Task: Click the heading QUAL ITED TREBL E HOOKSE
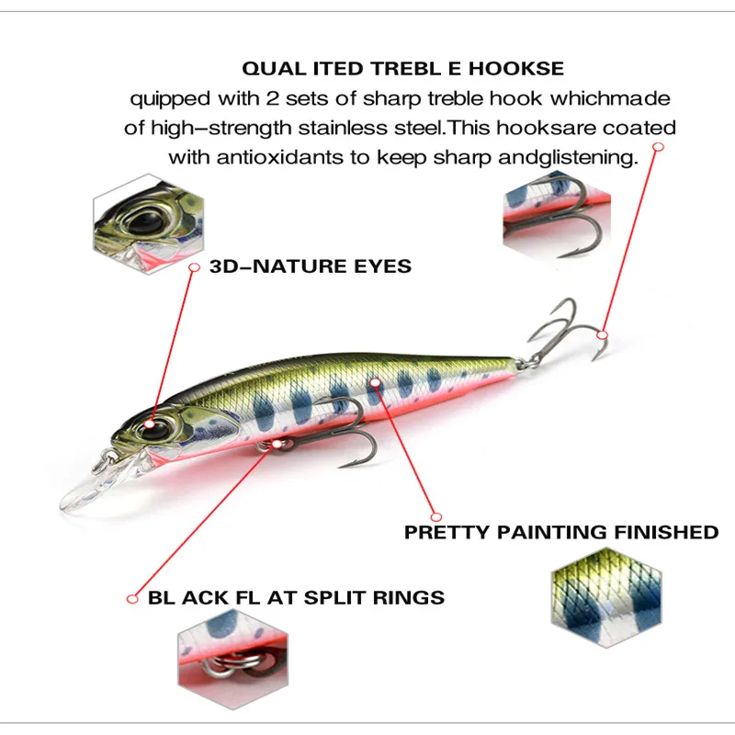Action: click(402, 69)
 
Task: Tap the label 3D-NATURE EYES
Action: click(311, 267)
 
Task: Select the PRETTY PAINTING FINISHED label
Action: click(560, 532)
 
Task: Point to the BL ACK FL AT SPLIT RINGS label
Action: click(296, 598)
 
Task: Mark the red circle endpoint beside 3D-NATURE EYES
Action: click(194, 266)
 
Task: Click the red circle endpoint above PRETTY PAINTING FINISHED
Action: click(436, 517)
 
